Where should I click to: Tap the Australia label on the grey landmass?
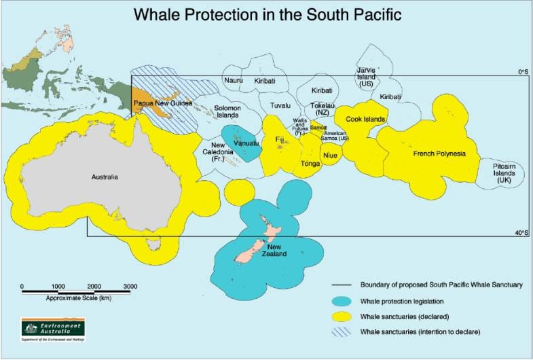pyautogui.click(x=105, y=177)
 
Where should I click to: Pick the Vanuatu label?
pyautogui.click(x=246, y=143)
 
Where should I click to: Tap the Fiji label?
pyautogui.click(x=279, y=139)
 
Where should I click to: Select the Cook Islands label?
pyautogui.click(x=365, y=120)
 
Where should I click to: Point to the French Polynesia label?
pyautogui.click(x=439, y=154)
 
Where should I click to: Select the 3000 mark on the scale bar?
pyautogui.click(x=130, y=286)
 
